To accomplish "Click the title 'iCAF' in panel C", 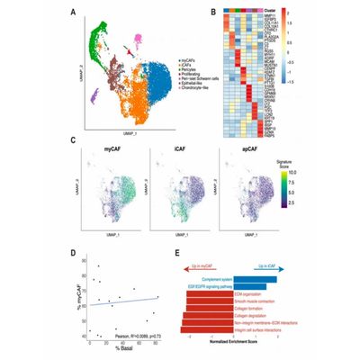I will point(182,147).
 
